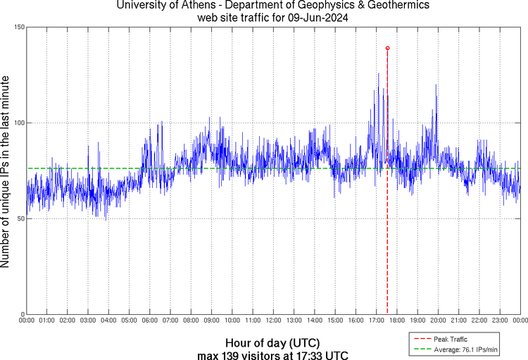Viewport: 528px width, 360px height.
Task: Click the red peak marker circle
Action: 388,48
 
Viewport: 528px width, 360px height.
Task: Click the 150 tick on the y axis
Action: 20,27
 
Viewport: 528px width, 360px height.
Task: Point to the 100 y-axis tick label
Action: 20,123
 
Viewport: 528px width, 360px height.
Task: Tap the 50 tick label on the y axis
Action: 21,218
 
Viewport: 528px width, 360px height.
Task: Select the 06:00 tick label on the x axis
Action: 150,321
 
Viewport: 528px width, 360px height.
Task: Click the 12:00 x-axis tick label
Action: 273,321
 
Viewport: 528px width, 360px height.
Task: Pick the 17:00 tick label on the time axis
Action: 376,321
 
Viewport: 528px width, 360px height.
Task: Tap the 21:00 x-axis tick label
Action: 458,321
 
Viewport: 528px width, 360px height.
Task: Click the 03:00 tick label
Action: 88,321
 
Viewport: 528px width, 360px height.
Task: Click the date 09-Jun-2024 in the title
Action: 313,17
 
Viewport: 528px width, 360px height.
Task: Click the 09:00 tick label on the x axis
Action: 211,321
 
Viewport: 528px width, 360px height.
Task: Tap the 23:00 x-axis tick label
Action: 499,321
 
